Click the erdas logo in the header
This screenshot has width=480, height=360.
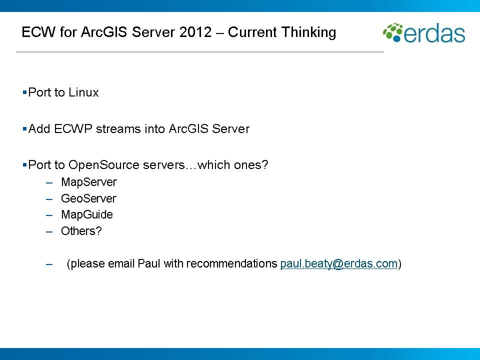(x=424, y=33)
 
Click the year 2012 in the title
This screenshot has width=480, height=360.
(x=203, y=32)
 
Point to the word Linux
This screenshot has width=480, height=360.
(x=83, y=92)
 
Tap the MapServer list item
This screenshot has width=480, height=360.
(x=88, y=182)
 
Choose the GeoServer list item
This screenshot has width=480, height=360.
(x=88, y=198)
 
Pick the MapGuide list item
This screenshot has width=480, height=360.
(x=87, y=214)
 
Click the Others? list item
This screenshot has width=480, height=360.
(x=81, y=231)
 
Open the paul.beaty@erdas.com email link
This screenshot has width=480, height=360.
(x=339, y=263)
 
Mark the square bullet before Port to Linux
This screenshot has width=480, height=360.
(x=24, y=92)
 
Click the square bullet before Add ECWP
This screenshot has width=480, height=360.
(x=24, y=129)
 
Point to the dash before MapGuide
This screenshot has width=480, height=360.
(x=49, y=215)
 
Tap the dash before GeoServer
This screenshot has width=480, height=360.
(x=49, y=199)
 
